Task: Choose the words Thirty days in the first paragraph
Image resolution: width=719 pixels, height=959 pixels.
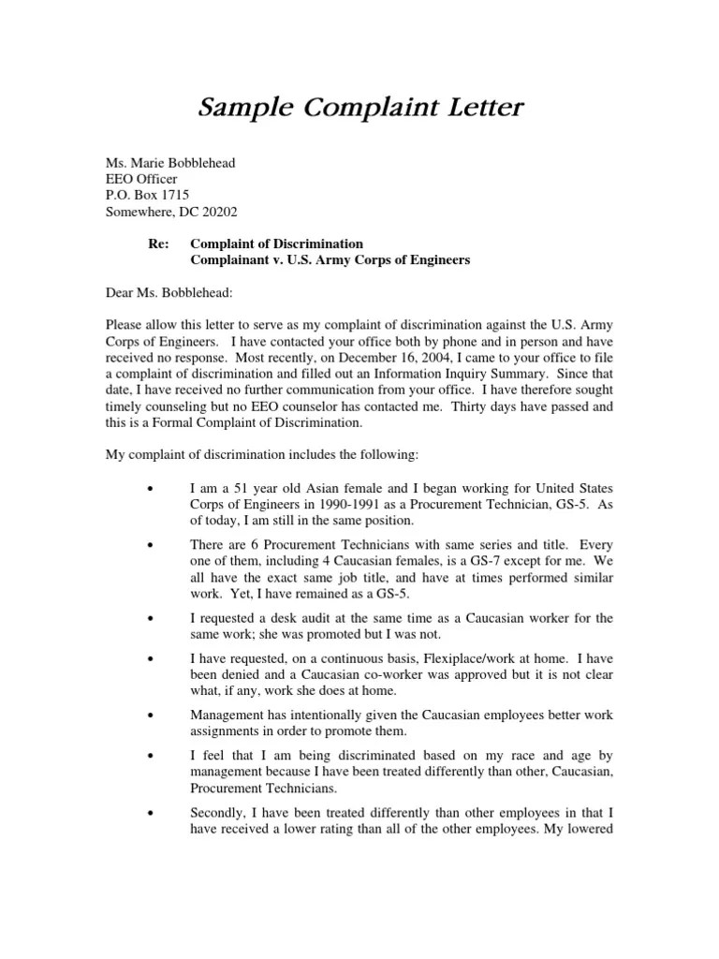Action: (488, 407)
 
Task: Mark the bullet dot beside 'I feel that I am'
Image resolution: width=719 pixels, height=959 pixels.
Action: (151, 755)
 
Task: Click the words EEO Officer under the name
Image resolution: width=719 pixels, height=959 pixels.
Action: (140, 179)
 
